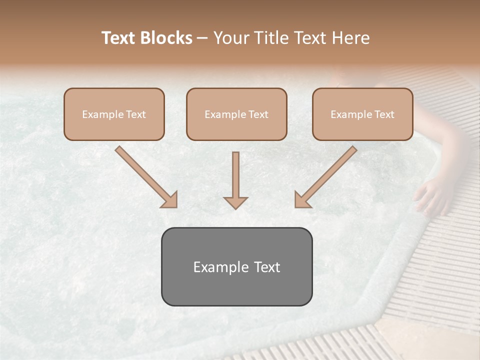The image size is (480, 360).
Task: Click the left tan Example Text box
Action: [x=114, y=114]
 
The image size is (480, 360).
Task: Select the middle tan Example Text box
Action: [x=236, y=114]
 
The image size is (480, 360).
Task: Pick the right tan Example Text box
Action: [x=362, y=114]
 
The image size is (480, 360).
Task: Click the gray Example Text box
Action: [x=236, y=266]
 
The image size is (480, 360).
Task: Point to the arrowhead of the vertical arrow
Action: [x=235, y=202]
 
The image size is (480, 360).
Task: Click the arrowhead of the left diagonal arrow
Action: [x=170, y=200]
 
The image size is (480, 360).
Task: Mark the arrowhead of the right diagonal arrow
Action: [x=302, y=200]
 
